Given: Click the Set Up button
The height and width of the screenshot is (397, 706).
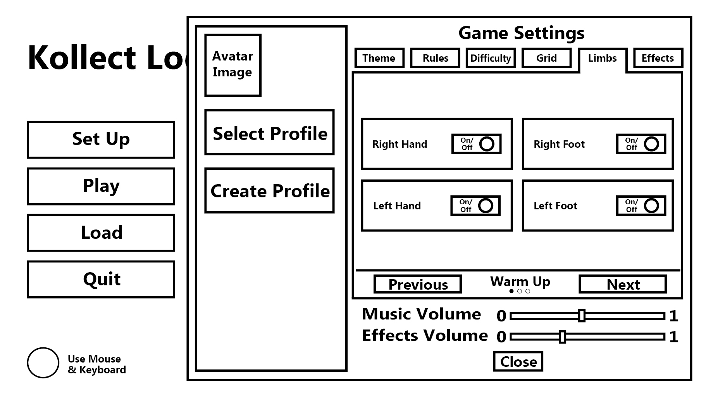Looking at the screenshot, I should [101, 140].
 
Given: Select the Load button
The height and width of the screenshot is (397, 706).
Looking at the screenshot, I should [101, 233].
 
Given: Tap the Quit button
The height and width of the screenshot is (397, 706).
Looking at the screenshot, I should [101, 279].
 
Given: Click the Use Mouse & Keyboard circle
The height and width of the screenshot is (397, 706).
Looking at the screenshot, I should [43, 363].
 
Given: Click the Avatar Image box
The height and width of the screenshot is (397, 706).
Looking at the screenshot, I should [233, 65].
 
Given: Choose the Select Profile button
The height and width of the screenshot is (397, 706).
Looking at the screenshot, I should [269, 133].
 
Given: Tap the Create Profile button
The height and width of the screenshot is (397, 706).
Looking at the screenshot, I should [269, 190].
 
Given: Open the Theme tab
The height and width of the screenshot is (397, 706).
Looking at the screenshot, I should [379, 58].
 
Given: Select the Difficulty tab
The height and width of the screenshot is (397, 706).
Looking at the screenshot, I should [491, 58].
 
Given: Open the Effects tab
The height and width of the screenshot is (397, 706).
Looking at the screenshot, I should [658, 58].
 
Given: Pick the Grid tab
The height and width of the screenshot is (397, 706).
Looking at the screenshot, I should [546, 58].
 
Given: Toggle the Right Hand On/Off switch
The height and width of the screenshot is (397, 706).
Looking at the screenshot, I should [476, 144].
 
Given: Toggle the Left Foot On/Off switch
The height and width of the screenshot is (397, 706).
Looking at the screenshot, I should [641, 205].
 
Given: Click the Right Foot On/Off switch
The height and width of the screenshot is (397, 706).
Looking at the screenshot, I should [641, 144].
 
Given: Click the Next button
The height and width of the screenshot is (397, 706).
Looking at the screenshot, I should [623, 284].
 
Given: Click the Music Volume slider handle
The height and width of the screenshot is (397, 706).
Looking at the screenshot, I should [582, 316].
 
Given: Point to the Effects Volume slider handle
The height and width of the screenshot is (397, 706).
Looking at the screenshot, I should [562, 337].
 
